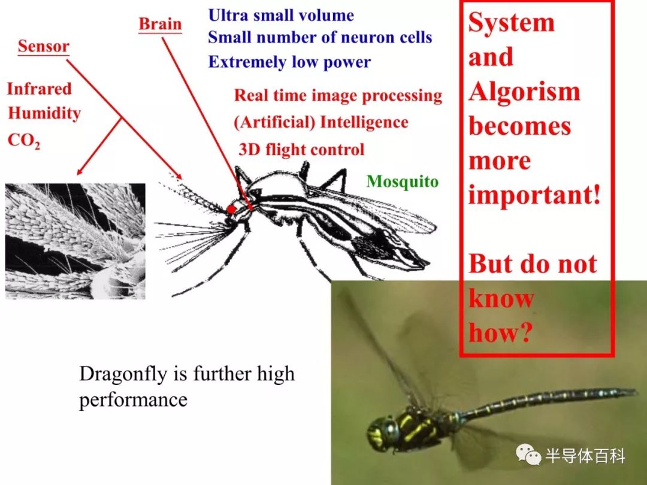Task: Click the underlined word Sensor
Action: pos(43,46)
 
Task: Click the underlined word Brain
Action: pos(160,24)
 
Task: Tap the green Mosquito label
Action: pos(403,181)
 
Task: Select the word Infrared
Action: pos(39,89)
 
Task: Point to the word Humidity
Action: pos(44,113)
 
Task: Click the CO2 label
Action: pos(24,141)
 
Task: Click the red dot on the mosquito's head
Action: pos(231,209)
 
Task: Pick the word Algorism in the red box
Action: pos(524,92)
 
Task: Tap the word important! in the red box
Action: pos(534,195)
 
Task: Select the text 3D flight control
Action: pos(301,149)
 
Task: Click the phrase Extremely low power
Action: pos(289,62)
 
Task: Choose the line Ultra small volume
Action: pos(281,15)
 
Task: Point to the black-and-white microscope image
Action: pos(75,241)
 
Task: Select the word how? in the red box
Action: pos(499,332)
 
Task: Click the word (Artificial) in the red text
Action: pos(275,123)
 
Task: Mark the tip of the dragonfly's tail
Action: pos(636,390)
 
